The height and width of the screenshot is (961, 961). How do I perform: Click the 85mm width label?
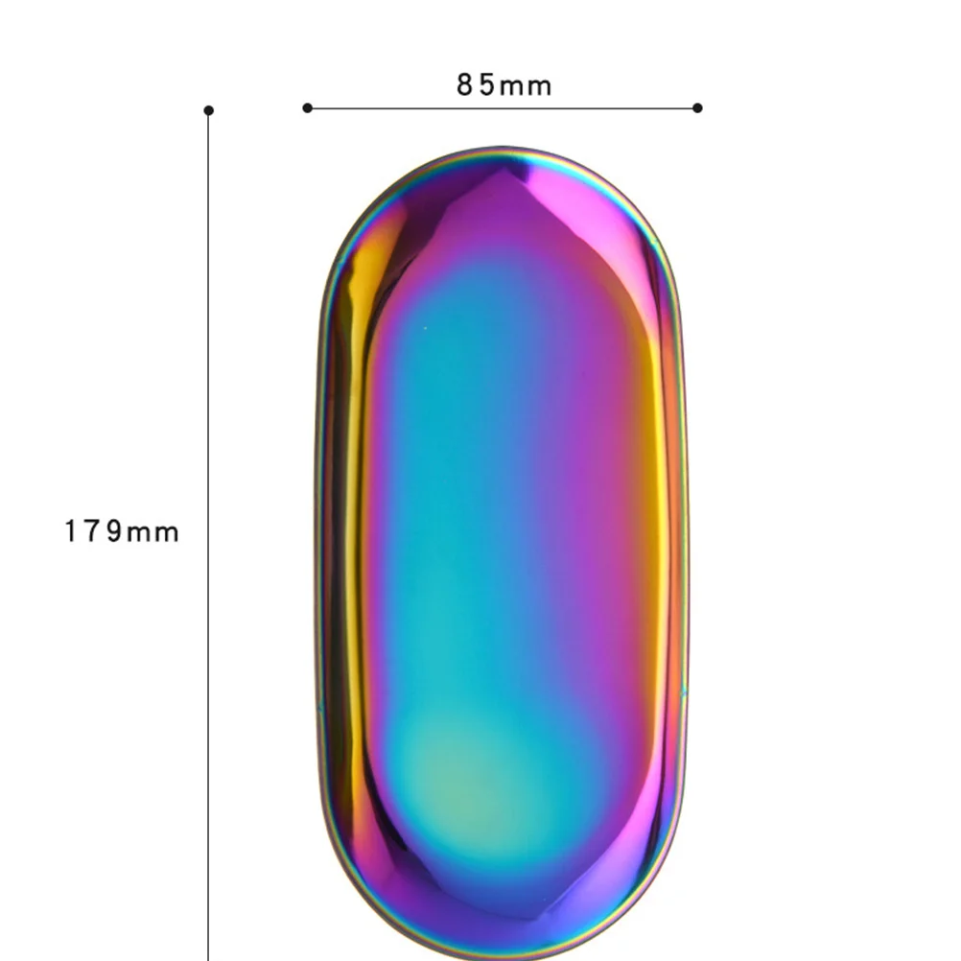pyautogui.click(x=504, y=85)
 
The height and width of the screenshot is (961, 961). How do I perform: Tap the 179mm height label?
pyautogui.click(x=122, y=531)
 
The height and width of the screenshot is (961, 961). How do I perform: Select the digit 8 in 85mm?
pyautogui.click(x=465, y=85)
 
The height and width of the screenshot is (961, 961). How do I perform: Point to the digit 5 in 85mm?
pyautogui.click(x=486, y=85)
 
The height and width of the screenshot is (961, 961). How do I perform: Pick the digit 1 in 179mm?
pyautogui.click(x=71, y=531)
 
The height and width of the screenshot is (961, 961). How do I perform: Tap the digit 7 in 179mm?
pyautogui.click(x=93, y=531)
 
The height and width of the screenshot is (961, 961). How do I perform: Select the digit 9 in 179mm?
pyautogui.click(x=114, y=531)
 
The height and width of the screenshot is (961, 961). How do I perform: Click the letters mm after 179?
pyautogui.click(x=153, y=532)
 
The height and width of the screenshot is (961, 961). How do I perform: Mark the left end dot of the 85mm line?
pyautogui.click(x=307, y=107)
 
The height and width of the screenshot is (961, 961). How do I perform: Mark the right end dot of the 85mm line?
pyautogui.click(x=697, y=107)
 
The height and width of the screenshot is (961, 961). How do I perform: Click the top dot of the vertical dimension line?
pyautogui.click(x=209, y=110)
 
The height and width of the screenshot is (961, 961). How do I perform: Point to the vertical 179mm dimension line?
pyautogui.click(x=209, y=671)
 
